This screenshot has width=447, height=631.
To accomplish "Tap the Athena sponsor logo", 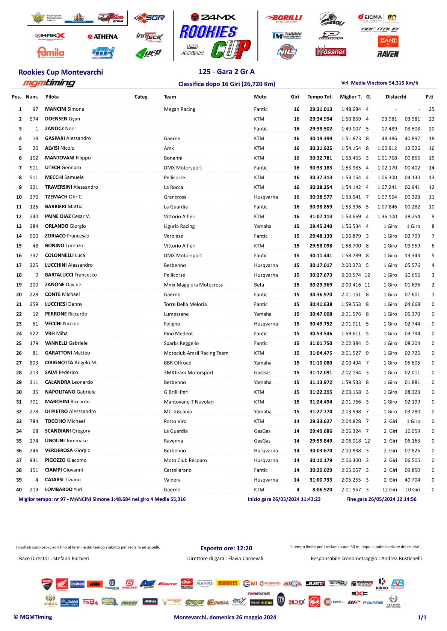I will tap(103, 37).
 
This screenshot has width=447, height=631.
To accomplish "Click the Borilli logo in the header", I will tap(284, 18).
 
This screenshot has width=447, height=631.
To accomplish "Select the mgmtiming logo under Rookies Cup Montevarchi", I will tap(49, 83).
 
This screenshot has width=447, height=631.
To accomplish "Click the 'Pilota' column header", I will tap(52, 97).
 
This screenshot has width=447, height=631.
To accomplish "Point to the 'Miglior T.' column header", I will tap(351, 97).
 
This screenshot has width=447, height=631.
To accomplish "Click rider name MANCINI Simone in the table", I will tap(65, 109).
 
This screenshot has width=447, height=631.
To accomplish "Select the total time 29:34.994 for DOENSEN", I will tap(321, 119).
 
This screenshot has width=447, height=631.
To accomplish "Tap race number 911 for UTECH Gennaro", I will tap(34, 168).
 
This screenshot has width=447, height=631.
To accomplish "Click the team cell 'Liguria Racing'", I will tap(179, 226).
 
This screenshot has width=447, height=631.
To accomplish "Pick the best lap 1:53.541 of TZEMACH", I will tap(351, 197).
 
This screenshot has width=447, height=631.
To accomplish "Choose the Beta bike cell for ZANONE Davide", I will tap(259, 285).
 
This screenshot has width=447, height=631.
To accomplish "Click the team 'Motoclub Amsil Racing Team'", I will tap(196, 353).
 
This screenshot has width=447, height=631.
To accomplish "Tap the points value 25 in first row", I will tap(432, 109).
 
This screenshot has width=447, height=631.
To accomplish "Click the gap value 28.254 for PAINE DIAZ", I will tap(412, 216).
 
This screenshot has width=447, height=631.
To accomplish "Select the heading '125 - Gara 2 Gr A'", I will tap(227, 72).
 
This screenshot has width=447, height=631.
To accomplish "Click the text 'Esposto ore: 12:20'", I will tap(226, 548).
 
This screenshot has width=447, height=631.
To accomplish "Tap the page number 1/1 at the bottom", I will tap(422, 617).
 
